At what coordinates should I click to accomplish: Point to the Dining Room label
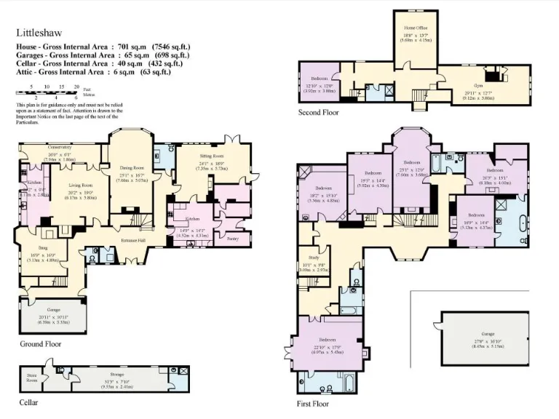[132, 168]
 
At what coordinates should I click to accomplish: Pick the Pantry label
[233, 239]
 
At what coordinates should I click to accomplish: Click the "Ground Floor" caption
[40, 344]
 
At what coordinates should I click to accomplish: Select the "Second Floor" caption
[318, 113]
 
